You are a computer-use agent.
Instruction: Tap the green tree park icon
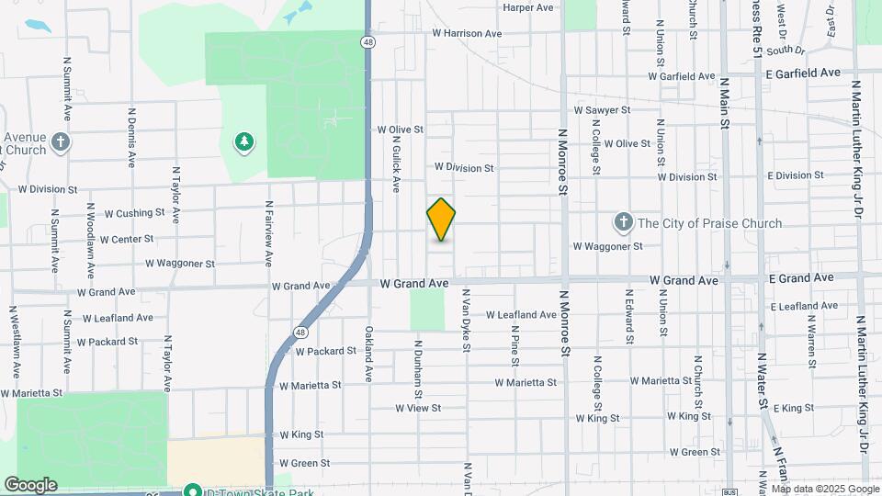click(x=244, y=141)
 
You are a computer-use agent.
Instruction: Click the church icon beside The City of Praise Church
click(x=623, y=222)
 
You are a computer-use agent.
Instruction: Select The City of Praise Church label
click(x=710, y=223)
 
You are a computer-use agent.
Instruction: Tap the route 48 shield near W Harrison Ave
click(x=367, y=42)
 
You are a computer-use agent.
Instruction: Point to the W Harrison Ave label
click(x=467, y=33)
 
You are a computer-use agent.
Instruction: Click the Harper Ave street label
click(x=528, y=7)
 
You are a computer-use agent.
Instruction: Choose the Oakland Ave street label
click(x=367, y=354)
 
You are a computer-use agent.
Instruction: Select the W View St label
click(x=418, y=408)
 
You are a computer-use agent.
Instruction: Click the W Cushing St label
click(x=134, y=213)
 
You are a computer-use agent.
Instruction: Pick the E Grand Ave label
click(x=801, y=277)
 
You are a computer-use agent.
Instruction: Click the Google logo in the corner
click(x=30, y=484)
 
